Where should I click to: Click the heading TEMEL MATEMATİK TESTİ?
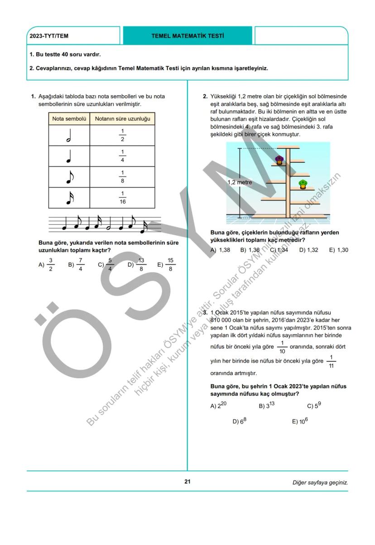point(187,36)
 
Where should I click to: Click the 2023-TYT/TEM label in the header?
point(49,36)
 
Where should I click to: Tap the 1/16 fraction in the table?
point(122,198)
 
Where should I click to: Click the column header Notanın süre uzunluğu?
point(122,119)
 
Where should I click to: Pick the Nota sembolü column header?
point(69,119)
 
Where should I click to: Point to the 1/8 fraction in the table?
point(122,177)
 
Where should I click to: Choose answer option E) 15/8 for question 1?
point(166,265)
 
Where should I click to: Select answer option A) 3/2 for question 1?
point(47,265)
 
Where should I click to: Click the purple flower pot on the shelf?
point(279,160)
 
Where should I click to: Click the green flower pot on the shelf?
point(303,184)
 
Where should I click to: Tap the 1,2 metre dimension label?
point(240,182)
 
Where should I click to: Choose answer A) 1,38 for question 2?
point(220,250)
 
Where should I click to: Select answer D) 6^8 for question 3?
point(239,421)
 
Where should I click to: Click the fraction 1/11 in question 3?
point(331,361)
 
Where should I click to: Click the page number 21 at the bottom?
point(187,482)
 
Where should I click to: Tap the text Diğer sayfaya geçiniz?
point(320,482)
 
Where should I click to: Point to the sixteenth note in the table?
point(68,198)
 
